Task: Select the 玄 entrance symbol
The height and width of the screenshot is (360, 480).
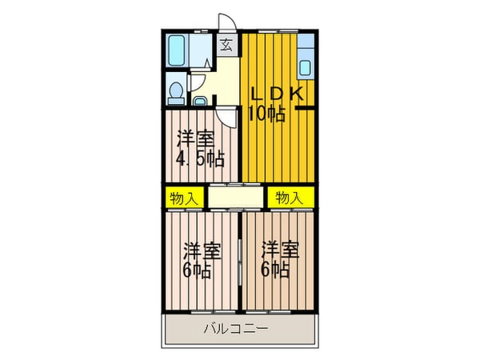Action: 226,46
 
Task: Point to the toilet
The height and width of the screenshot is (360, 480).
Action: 175,93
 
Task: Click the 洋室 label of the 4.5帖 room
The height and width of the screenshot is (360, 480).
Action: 196,138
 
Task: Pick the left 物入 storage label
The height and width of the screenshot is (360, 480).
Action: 183,197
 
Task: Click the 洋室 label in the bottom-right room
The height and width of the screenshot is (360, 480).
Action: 280,250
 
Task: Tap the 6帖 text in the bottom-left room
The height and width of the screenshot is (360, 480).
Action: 196,270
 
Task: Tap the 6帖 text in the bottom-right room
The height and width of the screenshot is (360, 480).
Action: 274,270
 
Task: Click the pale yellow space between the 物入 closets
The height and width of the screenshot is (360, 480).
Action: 235,196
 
